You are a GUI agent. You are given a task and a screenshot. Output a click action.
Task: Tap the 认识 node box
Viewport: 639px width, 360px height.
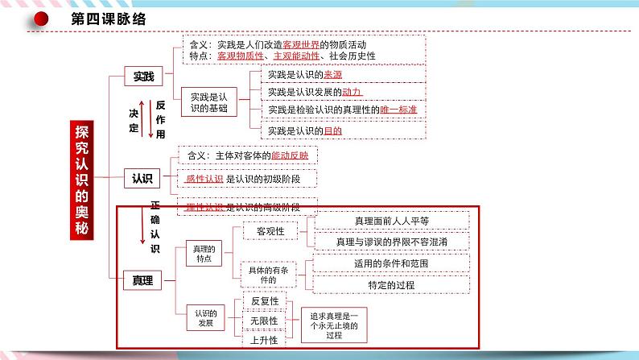click(x=143, y=178)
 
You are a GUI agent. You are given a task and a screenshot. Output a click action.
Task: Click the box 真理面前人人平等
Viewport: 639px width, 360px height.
click(x=391, y=220)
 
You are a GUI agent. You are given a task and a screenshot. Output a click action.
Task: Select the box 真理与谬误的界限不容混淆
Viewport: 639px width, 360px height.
click(x=391, y=241)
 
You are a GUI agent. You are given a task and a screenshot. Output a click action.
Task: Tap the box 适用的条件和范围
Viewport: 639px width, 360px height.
click(x=391, y=263)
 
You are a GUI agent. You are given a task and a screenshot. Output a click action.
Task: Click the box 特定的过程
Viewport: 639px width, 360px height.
click(x=391, y=283)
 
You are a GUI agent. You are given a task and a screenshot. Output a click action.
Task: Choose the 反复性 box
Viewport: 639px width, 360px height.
click(x=265, y=301)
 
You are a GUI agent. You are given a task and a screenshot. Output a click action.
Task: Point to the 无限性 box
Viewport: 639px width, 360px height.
click(x=265, y=321)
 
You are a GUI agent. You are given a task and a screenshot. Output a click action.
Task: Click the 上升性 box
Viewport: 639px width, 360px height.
click(x=265, y=341)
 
